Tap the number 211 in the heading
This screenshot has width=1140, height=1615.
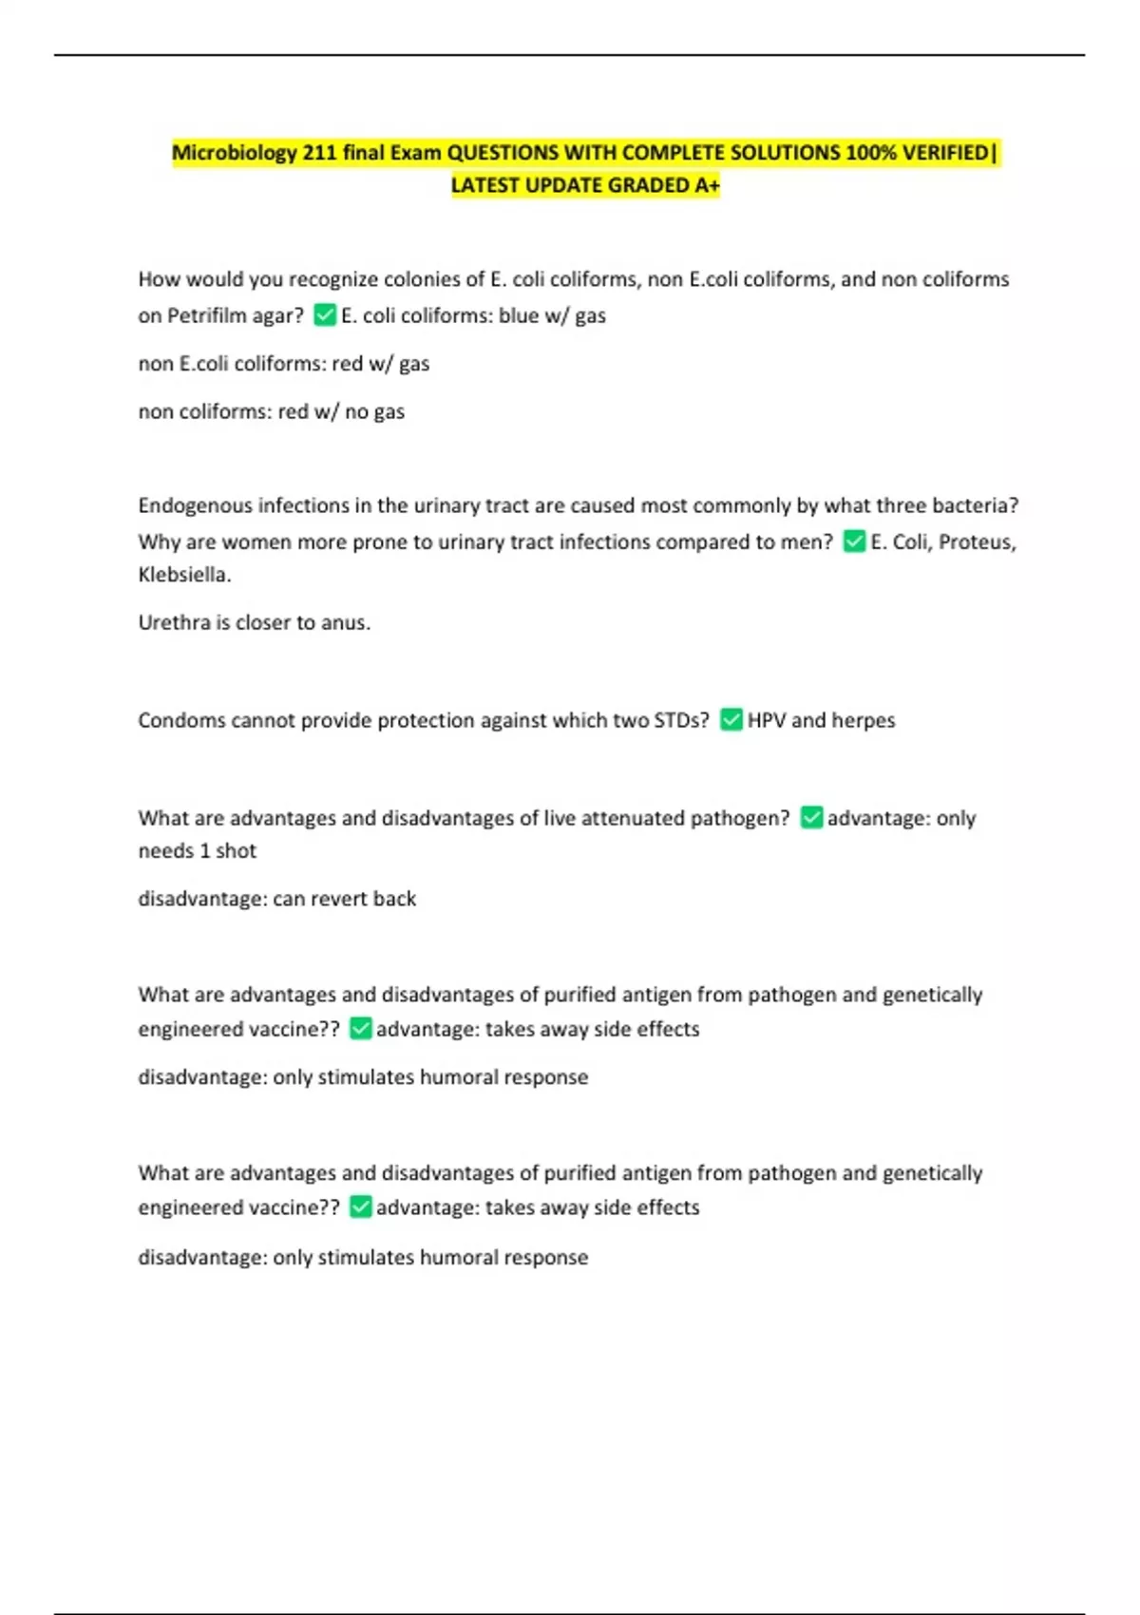(x=320, y=153)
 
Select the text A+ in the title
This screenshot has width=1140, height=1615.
(x=707, y=185)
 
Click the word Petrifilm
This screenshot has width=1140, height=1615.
(x=207, y=315)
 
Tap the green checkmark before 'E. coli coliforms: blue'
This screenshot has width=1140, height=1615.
(x=325, y=314)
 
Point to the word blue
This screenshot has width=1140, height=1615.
(x=519, y=315)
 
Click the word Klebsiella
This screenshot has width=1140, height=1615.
(x=184, y=575)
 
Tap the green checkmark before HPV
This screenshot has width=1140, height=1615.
(x=731, y=719)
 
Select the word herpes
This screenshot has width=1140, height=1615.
(x=864, y=720)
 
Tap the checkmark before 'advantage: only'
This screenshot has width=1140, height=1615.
(x=811, y=817)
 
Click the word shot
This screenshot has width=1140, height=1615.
(x=237, y=851)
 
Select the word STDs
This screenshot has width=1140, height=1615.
(x=680, y=720)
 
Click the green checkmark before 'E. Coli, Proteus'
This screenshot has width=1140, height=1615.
(x=854, y=541)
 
